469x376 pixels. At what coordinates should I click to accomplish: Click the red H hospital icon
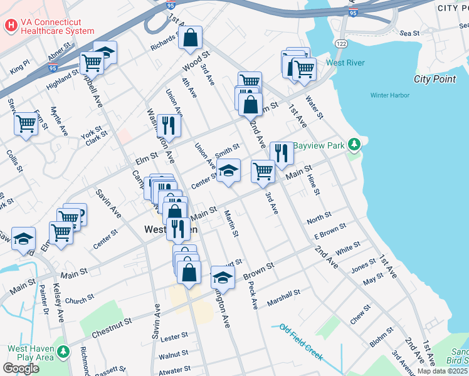click(x=11, y=26)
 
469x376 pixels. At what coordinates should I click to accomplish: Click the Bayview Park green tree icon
click(x=355, y=145)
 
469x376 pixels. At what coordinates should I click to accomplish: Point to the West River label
click(x=345, y=63)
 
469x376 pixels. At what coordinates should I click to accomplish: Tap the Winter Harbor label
click(x=389, y=95)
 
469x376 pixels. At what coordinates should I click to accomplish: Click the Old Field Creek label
click(x=301, y=342)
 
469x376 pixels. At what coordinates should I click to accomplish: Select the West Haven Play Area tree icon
click(x=63, y=352)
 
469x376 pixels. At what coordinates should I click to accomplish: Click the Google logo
click(x=21, y=368)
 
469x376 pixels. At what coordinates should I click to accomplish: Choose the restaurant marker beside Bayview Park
click(x=282, y=153)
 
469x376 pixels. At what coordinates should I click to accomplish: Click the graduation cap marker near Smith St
click(x=228, y=170)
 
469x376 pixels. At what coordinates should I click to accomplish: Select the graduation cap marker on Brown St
click(x=222, y=277)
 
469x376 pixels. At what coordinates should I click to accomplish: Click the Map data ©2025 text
click(x=442, y=371)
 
